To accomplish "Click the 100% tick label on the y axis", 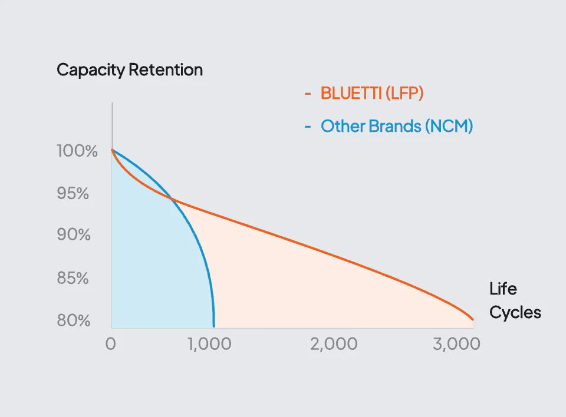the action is (x=77, y=151).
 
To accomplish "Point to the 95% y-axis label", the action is (x=73, y=194).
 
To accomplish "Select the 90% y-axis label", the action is (x=74, y=235).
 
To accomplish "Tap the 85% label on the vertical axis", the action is (x=73, y=279).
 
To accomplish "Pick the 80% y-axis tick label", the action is (x=74, y=320).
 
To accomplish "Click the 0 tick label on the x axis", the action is (x=110, y=344).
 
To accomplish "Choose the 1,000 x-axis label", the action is (x=209, y=345).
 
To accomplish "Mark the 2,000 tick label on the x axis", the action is (x=334, y=345).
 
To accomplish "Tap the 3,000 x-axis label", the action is (x=456, y=345).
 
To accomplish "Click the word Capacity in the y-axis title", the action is (x=91, y=70).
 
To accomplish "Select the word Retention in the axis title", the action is (x=166, y=69).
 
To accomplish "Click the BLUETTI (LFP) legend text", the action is (x=372, y=94).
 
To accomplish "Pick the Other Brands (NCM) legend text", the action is (x=397, y=126).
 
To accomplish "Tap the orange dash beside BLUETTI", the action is (x=308, y=94).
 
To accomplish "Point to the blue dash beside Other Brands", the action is (x=308, y=127).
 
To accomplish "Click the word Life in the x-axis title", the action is (x=503, y=289).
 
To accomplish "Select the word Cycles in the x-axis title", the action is (x=515, y=313).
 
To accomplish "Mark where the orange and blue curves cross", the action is (x=172, y=198).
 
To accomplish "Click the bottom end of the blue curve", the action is (x=214, y=326).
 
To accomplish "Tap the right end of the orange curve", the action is (x=472, y=319).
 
